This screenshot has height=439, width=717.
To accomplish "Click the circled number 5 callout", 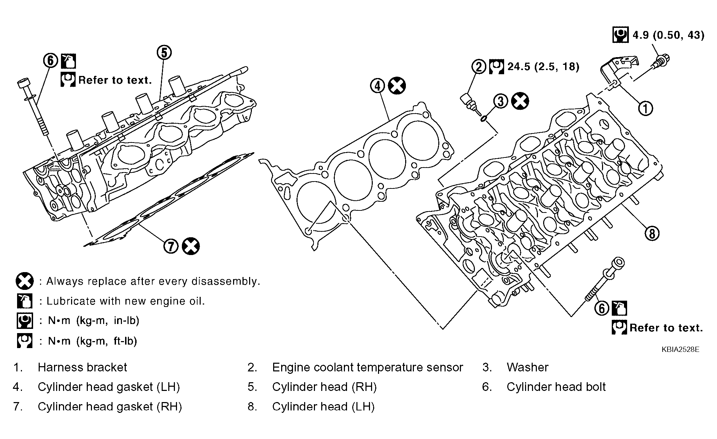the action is click(x=164, y=53).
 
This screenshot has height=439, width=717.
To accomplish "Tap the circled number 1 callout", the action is click(x=645, y=108).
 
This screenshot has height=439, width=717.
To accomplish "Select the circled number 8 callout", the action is click(x=652, y=233).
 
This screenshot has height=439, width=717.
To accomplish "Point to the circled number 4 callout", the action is click(x=377, y=86).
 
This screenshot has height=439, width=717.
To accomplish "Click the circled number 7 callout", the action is click(x=171, y=246).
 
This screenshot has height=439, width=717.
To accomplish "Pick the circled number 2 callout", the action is click(x=479, y=67).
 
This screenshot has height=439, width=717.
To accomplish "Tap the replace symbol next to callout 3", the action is click(x=520, y=101).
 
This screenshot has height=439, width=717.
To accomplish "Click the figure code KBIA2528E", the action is click(x=680, y=349).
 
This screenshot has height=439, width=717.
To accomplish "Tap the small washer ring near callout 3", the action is click(x=484, y=119).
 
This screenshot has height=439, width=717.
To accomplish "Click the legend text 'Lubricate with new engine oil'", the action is click(x=126, y=301).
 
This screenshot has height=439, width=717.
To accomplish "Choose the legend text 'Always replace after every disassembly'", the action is click(x=153, y=281).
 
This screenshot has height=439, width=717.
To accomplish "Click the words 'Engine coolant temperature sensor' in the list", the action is click(x=368, y=367).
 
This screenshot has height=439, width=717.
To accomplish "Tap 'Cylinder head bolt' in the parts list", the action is click(x=556, y=387).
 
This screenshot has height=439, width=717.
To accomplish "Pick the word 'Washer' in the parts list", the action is click(x=527, y=367).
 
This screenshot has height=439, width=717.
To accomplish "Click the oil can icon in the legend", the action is click(x=25, y=301).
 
